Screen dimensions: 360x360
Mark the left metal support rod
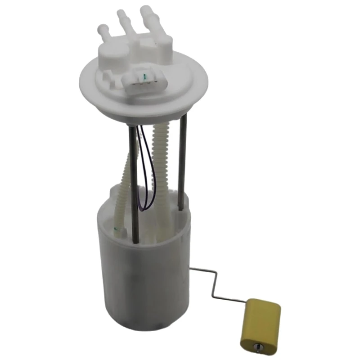(133, 180)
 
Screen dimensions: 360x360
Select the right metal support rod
(182, 162)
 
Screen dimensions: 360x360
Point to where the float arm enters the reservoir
(191, 269)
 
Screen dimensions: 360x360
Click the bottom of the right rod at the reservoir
(180, 208)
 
